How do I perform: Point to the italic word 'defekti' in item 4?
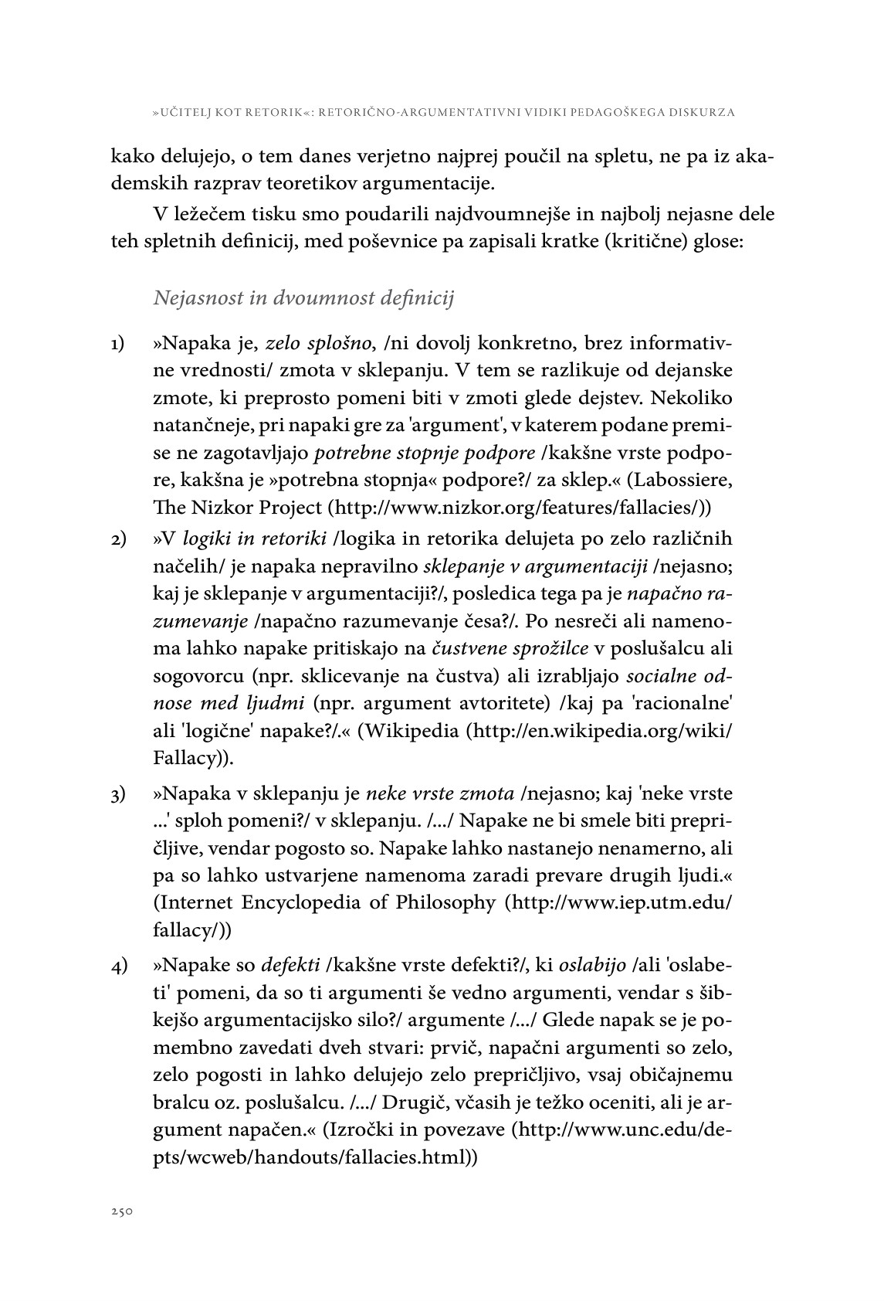coord(291,965)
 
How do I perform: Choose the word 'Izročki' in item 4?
coord(362,1130)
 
